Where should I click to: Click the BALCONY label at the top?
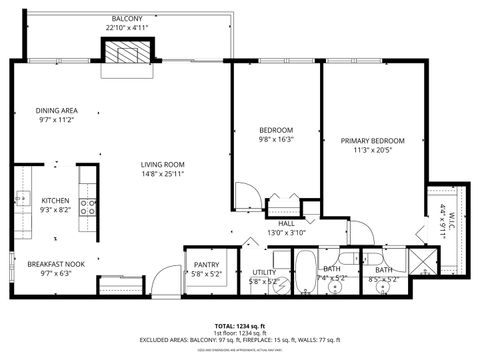[127, 19]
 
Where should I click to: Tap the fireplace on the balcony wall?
[127, 56]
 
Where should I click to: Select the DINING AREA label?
[57, 110]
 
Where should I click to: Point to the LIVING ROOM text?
[163, 164]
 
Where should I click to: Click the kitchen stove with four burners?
[88, 208]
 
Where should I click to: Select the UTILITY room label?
[264, 271]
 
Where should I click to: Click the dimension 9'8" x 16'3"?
[276, 141]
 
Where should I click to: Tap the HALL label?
[285, 223]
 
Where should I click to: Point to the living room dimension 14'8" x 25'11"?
[163, 174]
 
